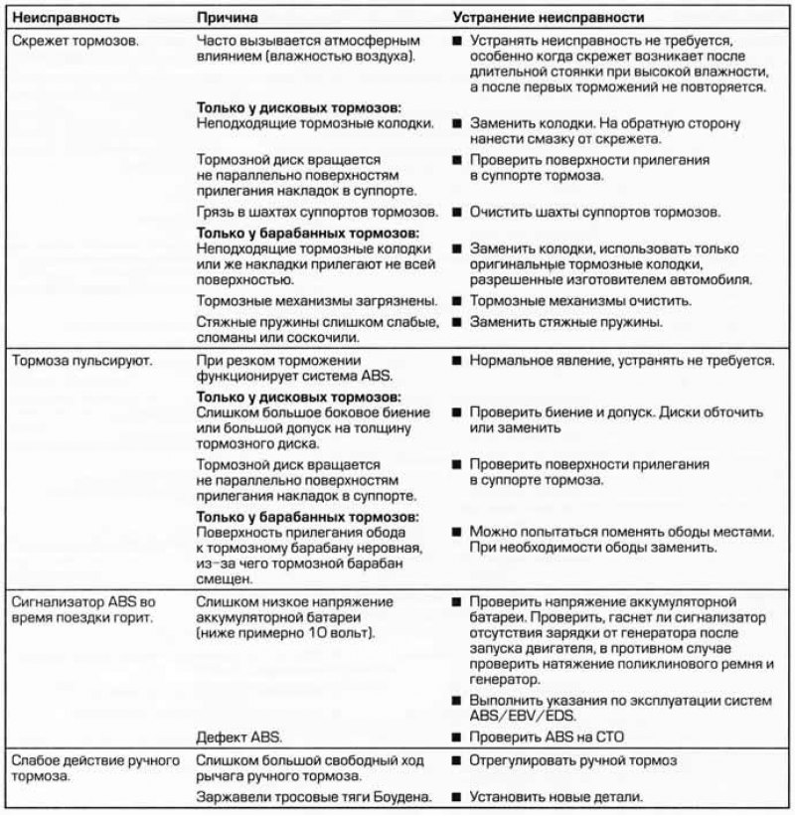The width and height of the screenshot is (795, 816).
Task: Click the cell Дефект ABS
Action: [x=238, y=736]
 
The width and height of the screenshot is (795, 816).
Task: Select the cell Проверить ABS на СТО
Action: [x=553, y=736]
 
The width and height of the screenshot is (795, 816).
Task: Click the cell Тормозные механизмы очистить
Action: [x=581, y=300]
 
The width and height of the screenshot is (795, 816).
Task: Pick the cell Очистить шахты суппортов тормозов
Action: [x=595, y=213]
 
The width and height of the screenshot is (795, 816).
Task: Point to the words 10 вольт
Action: [x=332, y=633]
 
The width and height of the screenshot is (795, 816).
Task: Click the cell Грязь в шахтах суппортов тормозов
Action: [x=317, y=213]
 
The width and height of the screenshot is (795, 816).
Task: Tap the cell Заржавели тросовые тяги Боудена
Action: [x=317, y=797]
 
